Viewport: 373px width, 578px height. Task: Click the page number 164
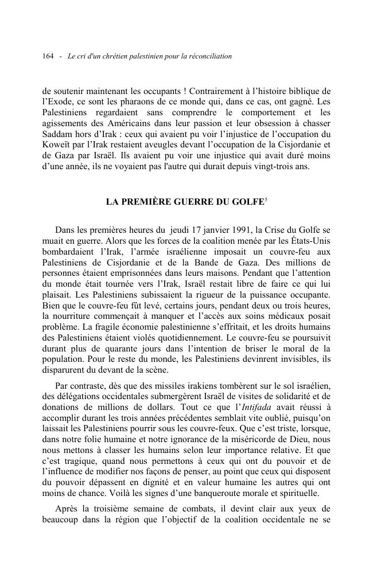48,56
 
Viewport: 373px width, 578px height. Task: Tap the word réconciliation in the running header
209,56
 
